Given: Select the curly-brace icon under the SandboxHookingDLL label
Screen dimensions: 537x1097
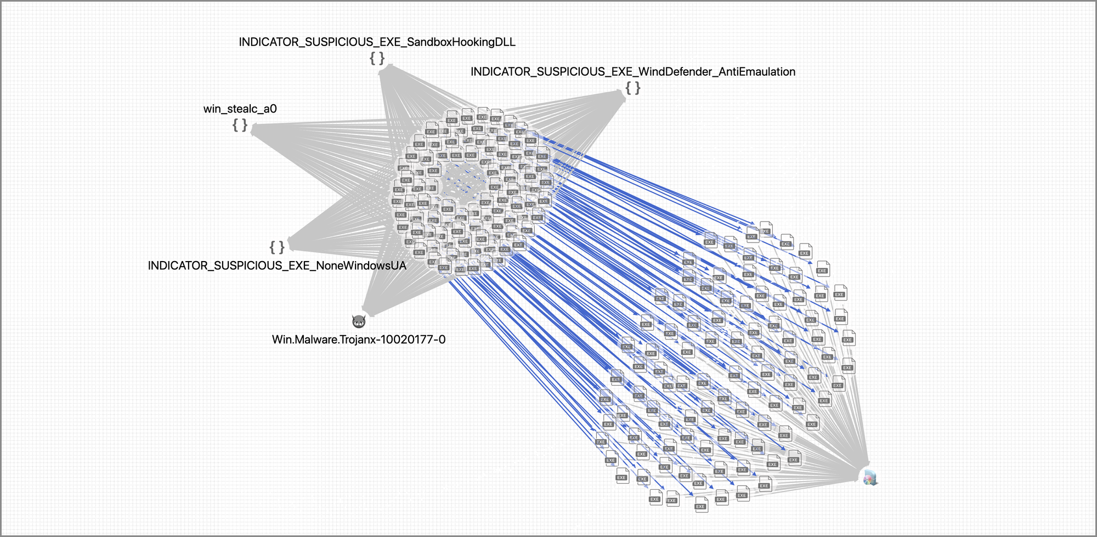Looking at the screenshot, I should [x=377, y=58].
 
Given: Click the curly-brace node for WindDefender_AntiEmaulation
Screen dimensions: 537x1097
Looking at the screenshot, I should [x=633, y=88].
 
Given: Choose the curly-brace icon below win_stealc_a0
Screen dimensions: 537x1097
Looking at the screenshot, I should [x=240, y=125].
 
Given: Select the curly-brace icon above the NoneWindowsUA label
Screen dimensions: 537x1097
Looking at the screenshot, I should [x=277, y=247].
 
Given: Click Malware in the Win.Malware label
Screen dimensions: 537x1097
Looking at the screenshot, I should [x=316, y=340].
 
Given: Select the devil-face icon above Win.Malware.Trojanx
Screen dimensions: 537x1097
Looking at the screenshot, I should [x=359, y=321].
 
